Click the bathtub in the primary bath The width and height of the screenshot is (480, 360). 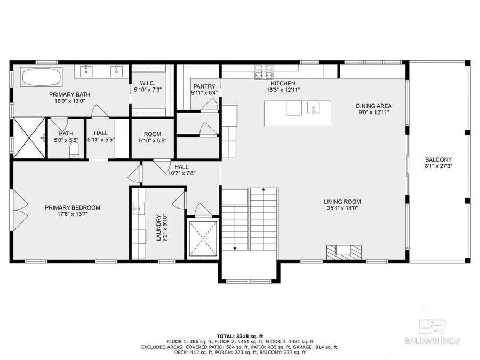coord(41,78)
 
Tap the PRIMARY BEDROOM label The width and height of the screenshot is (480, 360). coord(73,207)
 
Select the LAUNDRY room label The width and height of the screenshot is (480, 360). coord(158,227)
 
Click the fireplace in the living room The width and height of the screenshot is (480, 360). coord(344,251)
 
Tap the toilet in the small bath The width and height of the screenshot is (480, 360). coord(74,149)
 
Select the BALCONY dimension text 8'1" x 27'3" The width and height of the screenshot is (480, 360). coord(438,166)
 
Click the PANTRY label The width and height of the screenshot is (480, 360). coord(204,86)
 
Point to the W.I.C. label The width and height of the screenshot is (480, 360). coord(147,83)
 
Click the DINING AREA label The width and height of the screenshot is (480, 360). coord(374,106)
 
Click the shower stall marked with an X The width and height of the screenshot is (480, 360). coord(28,138)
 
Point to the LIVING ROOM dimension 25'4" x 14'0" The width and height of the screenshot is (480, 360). coord(342,209)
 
